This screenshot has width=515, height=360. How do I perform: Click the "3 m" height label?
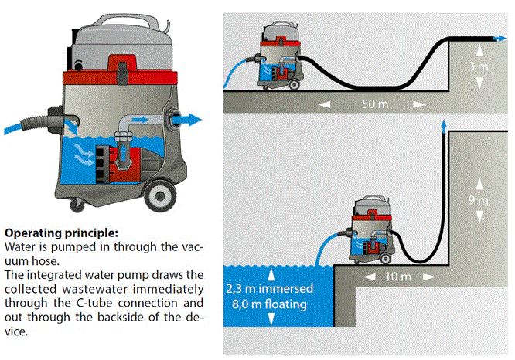tap(479, 67)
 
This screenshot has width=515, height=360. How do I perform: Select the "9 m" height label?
tap(479, 201)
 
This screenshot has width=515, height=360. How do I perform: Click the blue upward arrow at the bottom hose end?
tap(442, 123)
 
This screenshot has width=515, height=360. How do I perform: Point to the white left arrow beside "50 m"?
tap(326, 103)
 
